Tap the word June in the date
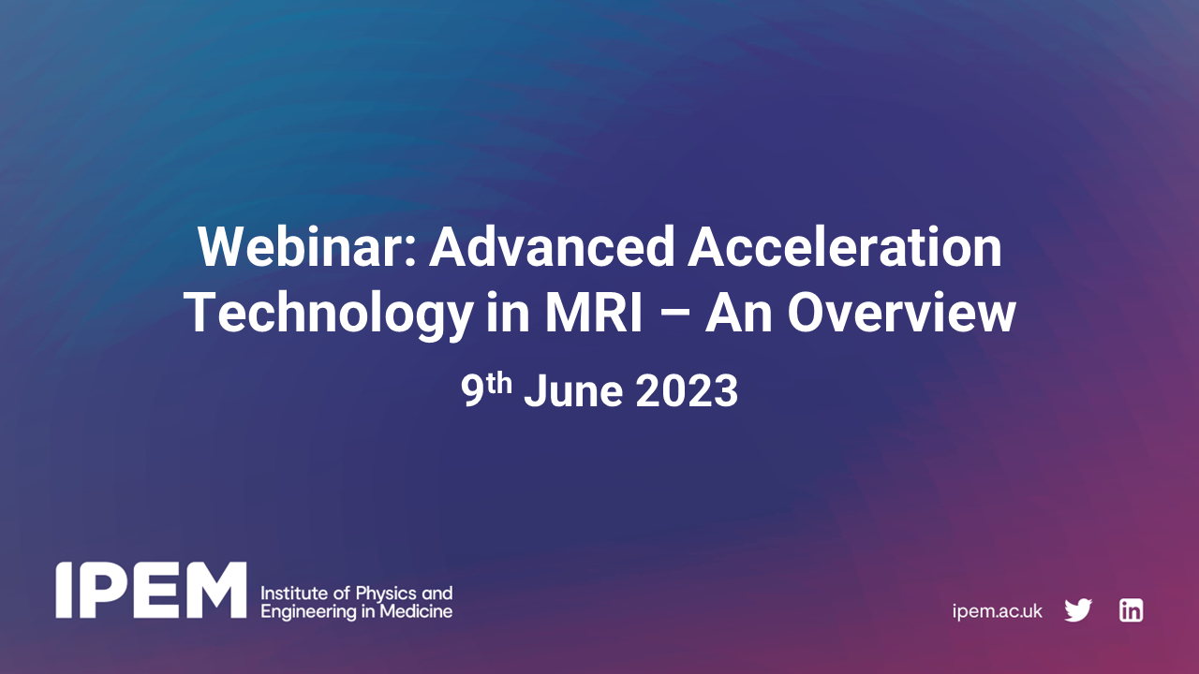pos(573,391)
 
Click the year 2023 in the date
pos(687,391)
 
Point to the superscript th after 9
pos(500,382)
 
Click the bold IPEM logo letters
pos(151,591)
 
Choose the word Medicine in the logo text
pos(420,611)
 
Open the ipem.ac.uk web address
pos(997,611)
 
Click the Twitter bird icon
pos(1078,611)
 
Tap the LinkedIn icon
pos(1131,611)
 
